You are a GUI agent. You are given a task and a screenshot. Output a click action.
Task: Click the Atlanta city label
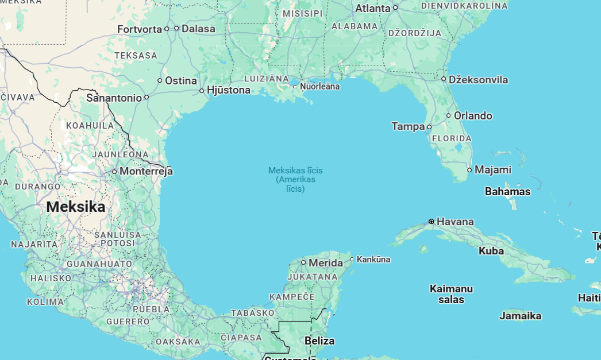tap(373, 8)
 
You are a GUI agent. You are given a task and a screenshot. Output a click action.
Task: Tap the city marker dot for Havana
tap(432, 221)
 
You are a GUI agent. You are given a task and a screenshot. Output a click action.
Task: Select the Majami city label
tap(492, 169)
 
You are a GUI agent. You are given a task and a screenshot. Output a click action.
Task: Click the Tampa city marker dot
tap(429, 126)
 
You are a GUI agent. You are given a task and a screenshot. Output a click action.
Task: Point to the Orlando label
tap(473, 115)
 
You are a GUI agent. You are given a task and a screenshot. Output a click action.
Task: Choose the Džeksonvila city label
tap(478, 80)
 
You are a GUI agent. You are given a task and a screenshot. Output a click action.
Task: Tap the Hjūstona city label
tap(228, 90)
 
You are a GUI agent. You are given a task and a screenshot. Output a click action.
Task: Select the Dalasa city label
tap(198, 28)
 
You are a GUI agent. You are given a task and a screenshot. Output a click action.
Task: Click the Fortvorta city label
tap(140, 29)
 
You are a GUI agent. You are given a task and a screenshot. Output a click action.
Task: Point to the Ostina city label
tap(181, 80)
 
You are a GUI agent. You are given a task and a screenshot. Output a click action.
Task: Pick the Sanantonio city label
tap(114, 98)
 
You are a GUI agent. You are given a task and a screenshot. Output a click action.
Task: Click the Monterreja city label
tap(146, 171)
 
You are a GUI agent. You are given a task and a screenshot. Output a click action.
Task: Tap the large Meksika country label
tap(76, 207)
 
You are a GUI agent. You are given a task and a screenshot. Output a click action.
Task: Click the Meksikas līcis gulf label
tap(295, 171)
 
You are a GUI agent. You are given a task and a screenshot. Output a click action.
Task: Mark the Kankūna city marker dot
tap(352, 259)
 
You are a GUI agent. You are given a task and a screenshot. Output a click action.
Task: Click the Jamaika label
tap(520, 315)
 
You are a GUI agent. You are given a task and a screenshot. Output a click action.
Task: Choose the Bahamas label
tap(507, 191)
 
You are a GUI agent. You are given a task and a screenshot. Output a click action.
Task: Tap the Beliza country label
tap(319, 340)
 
